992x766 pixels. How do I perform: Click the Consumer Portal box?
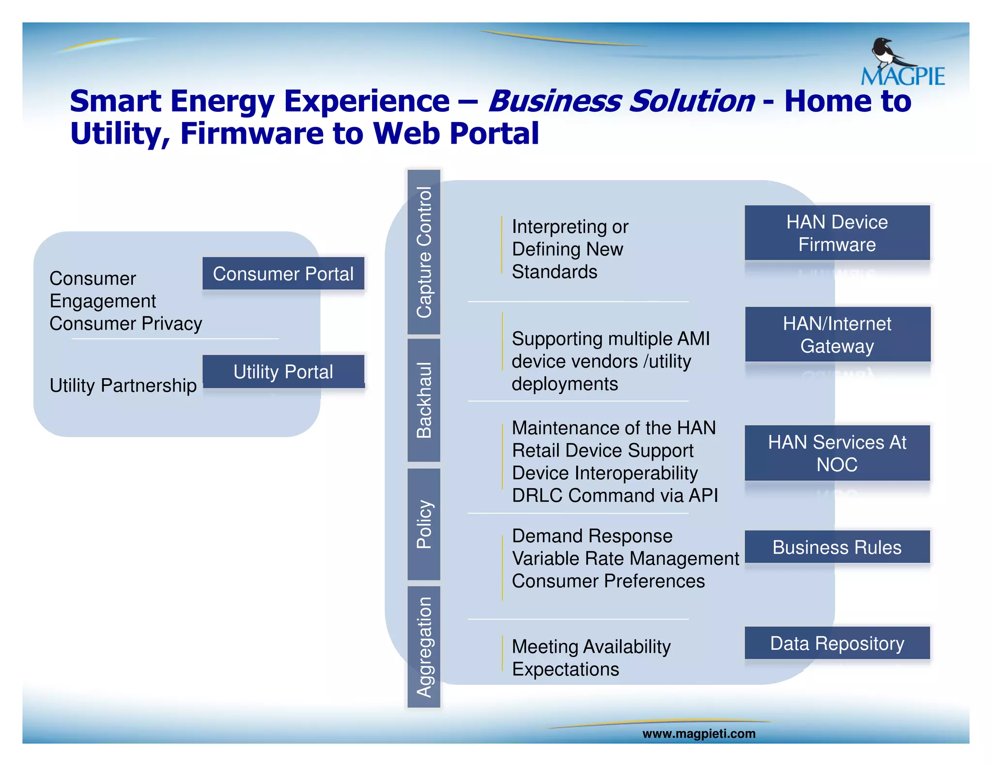(x=283, y=274)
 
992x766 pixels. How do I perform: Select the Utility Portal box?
(x=283, y=371)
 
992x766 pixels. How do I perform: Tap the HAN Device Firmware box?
(x=837, y=233)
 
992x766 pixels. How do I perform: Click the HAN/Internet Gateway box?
(x=837, y=335)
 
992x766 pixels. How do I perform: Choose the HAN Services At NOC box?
(x=837, y=453)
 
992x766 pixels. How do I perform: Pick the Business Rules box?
(x=837, y=547)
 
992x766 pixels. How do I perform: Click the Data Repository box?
(x=837, y=643)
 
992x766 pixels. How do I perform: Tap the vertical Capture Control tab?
(x=424, y=252)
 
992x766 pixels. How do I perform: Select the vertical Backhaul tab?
(x=424, y=400)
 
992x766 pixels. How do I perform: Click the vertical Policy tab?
(x=424, y=524)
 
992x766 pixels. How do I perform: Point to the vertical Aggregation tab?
(x=424, y=647)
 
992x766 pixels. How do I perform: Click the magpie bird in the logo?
(x=889, y=53)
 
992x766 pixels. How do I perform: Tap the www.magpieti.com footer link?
(x=698, y=734)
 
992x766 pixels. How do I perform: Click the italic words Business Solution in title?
(x=621, y=101)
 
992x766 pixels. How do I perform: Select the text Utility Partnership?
(x=123, y=385)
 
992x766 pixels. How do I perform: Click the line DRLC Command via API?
(x=615, y=495)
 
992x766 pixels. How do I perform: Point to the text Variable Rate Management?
(x=625, y=558)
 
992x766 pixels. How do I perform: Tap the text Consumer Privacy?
(x=125, y=323)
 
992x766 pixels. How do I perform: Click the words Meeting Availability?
(x=591, y=646)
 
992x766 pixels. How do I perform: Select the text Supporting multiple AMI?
(x=610, y=338)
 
